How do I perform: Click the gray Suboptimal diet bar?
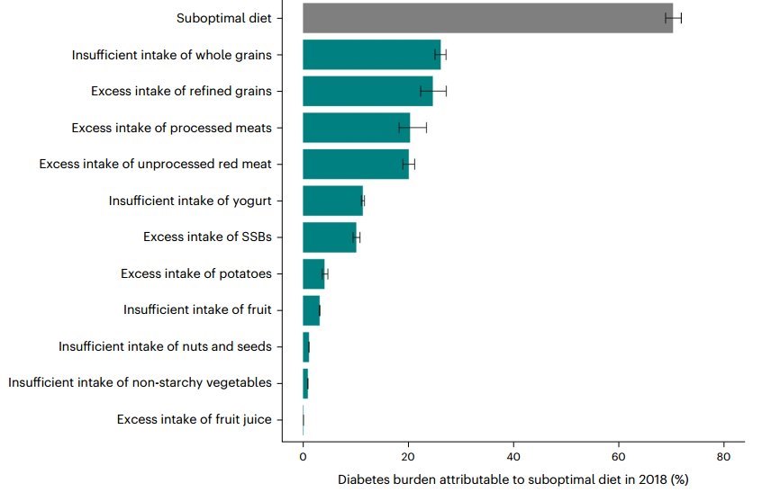point(486,18)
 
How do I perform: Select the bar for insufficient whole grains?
point(371,55)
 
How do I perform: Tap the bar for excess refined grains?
point(367,91)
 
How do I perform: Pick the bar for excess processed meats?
point(356,128)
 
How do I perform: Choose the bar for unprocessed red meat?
point(355,164)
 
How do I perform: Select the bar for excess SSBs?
point(329,237)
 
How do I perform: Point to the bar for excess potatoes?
point(313,273)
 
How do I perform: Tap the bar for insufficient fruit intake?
point(311,310)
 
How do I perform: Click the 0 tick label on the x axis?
point(303,457)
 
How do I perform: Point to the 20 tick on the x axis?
point(408,457)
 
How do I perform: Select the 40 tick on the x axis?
point(513,457)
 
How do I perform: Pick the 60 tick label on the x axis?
point(619,457)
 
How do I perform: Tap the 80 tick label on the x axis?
point(723,457)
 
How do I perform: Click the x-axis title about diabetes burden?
point(513,479)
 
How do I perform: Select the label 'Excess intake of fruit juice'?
point(194,419)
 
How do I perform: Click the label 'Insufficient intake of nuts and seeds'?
point(165,346)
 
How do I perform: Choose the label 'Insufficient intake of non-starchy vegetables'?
point(140,383)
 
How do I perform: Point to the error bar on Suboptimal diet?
point(674,18)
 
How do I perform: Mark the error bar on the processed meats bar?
point(413,128)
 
